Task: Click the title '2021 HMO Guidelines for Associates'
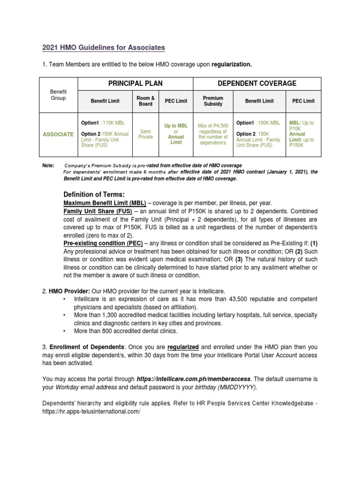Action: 104,48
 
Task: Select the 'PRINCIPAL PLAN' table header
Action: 135,83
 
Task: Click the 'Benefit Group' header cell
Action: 58,95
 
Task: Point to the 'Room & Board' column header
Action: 146,101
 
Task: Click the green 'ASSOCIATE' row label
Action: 58,134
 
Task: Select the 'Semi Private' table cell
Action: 146,134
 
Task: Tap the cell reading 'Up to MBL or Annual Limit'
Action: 176,134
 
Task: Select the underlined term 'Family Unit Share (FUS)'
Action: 97,211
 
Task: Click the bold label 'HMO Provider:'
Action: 65,291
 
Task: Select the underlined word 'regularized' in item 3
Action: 182,347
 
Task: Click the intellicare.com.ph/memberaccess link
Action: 194,378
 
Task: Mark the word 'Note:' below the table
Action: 49,165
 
